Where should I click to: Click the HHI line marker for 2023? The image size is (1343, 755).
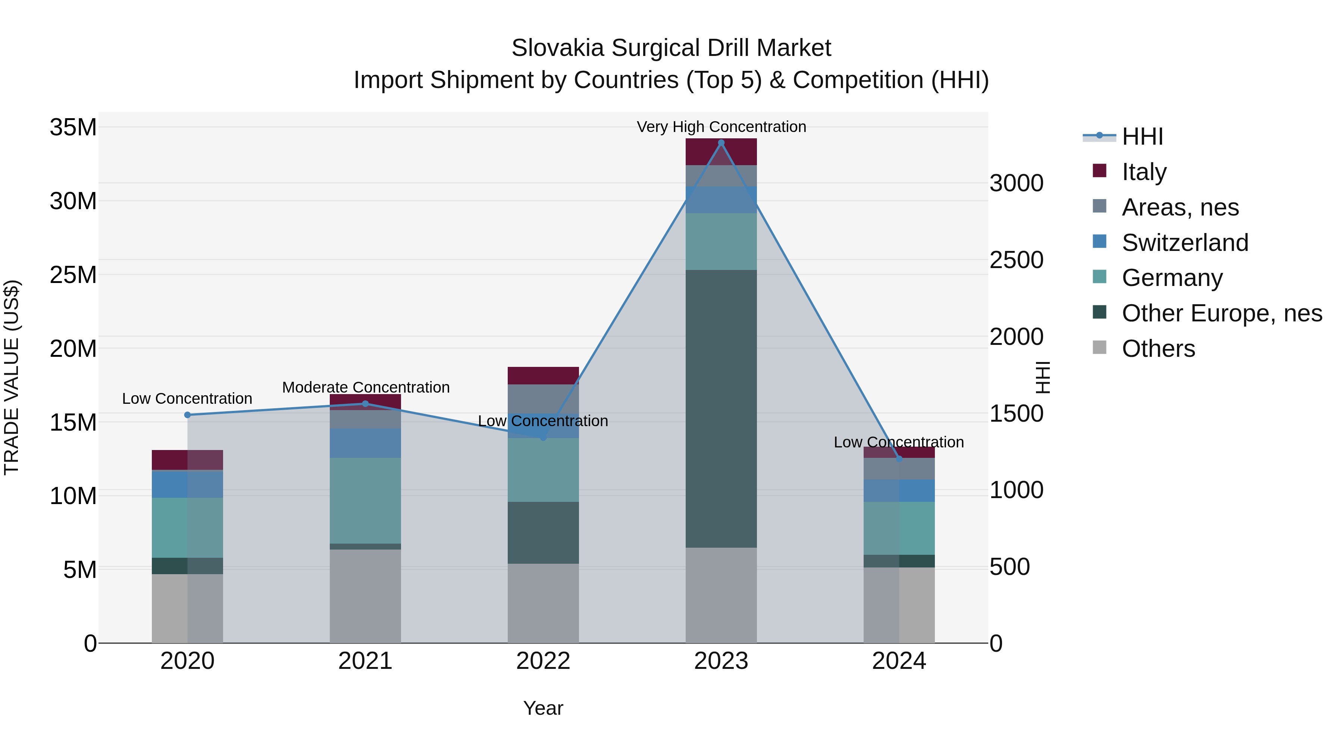point(721,143)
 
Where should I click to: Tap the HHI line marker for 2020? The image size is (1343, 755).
point(188,415)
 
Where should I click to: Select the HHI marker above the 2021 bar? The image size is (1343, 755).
point(366,404)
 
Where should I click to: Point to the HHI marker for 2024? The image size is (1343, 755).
point(899,459)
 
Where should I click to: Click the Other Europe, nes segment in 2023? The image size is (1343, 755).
point(721,409)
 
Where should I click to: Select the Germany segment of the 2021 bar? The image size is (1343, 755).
point(366,500)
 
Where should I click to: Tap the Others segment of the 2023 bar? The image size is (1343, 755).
point(721,595)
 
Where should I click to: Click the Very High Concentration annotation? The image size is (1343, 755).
point(721,127)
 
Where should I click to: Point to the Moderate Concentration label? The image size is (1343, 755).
point(366,387)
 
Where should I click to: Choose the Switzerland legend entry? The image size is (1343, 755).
point(1184,243)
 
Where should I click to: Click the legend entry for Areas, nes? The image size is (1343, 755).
point(1180,207)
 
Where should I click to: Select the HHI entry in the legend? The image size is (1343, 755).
point(1142,136)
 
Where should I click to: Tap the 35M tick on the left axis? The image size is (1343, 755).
point(73,127)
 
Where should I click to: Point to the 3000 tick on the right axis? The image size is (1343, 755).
point(1016,183)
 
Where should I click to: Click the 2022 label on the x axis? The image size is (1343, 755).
point(543,661)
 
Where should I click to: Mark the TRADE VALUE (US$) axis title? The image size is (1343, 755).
point(12,377)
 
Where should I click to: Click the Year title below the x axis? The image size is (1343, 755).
point(543,708)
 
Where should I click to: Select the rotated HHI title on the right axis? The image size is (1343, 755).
point(1042,377)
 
